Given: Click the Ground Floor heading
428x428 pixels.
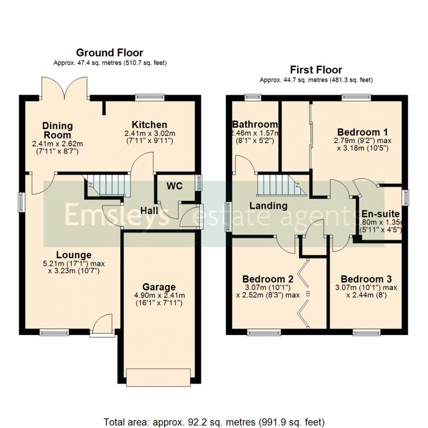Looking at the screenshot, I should coord(110,53).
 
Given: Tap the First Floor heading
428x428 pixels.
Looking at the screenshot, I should coord(316,70).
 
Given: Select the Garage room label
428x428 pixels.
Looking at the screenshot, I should coord(159,287).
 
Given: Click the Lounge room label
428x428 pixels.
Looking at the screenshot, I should coord(74,255).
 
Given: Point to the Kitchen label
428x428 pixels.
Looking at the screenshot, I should coord(149,125).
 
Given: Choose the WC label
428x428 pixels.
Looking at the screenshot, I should coord(175,186).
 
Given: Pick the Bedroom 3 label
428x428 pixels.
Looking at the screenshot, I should coord(366,279).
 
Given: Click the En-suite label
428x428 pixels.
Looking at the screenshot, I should coord(381,214).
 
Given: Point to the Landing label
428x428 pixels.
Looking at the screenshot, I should coord(269,206).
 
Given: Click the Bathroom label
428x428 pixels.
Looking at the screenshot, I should coord(255,124).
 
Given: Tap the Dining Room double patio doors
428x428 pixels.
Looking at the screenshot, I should coord(64,87).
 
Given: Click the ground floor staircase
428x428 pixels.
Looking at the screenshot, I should coord(108,185).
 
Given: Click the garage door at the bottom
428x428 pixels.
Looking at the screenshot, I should coord(159,376).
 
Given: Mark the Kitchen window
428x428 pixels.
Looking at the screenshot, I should coord(150,97).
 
